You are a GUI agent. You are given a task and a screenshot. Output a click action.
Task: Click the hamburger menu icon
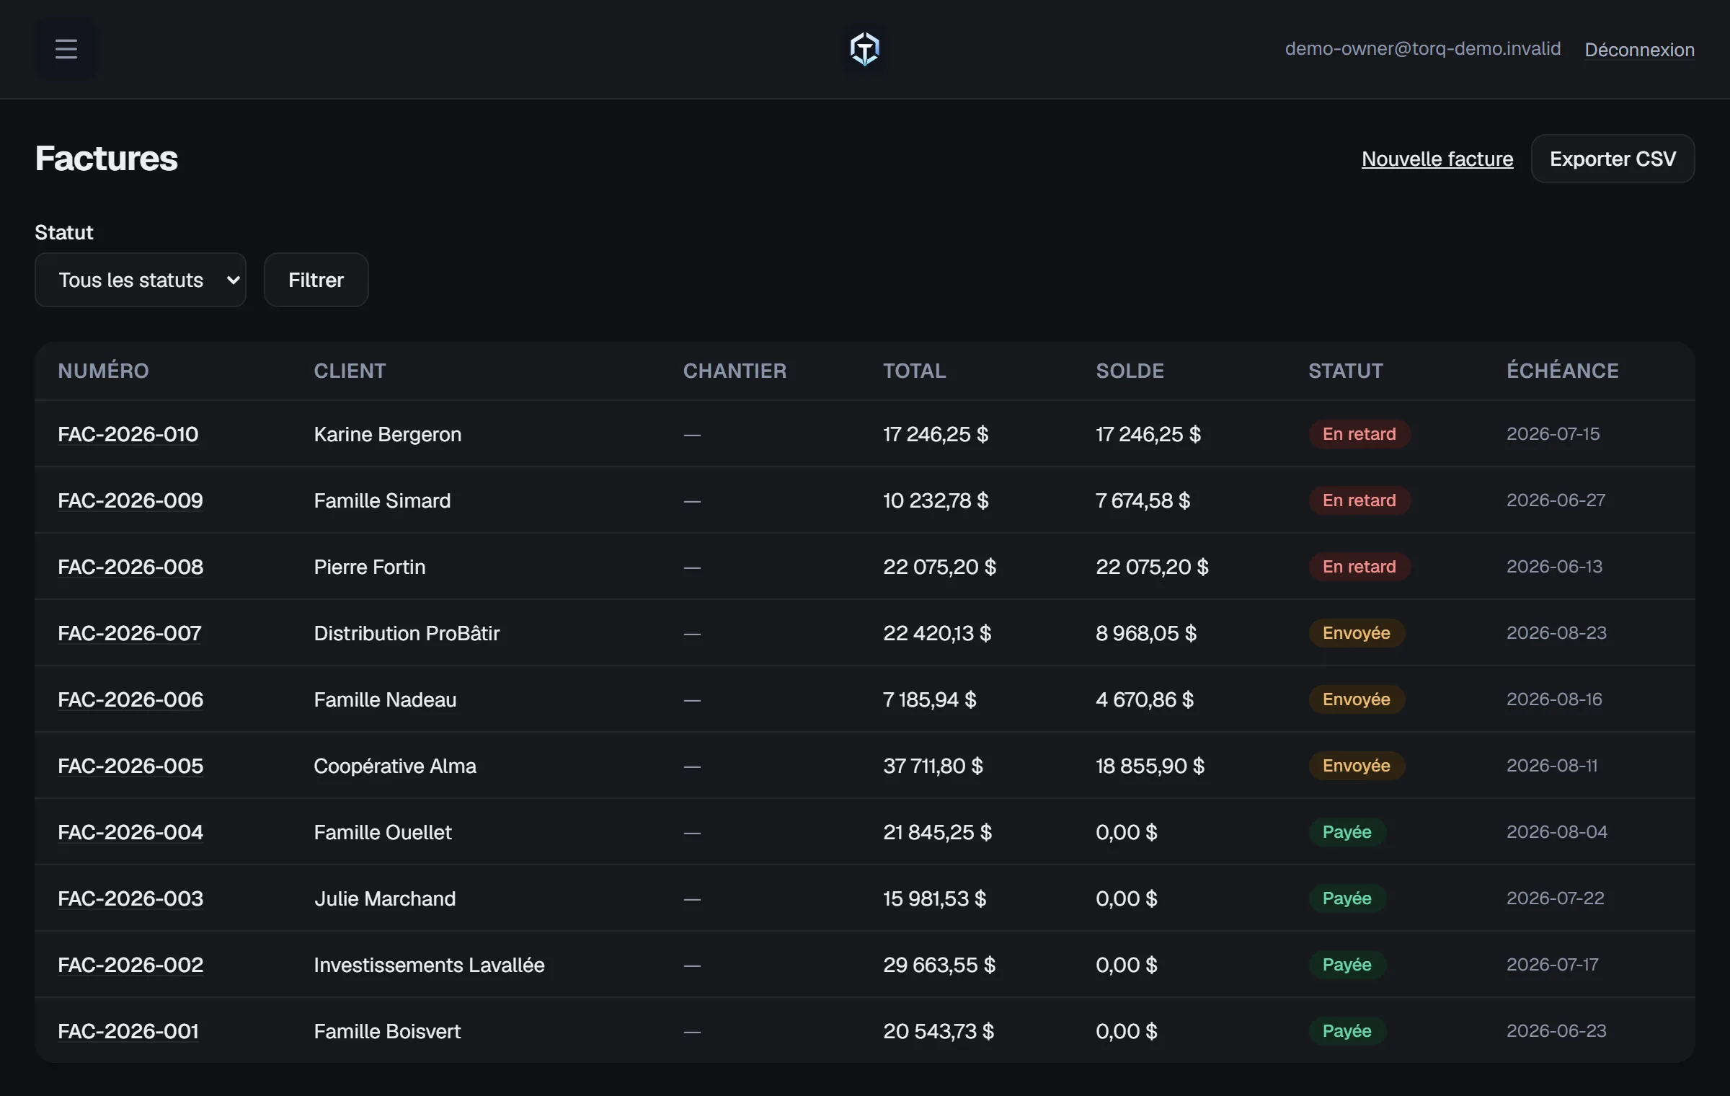click(x=66, y=49)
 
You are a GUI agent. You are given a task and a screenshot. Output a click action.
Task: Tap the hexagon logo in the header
click(x=864, y=49)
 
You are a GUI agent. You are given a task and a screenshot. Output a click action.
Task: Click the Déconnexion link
click(x=1639, y=50)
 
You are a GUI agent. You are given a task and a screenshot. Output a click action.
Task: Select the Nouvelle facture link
click(x=1437, y=159)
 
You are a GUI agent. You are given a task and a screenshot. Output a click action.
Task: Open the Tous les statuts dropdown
click(x=141, y=280)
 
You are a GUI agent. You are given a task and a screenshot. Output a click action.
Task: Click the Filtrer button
click(x=316, y=280)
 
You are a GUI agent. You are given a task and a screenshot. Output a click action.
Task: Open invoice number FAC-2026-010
click(x=128, y=434)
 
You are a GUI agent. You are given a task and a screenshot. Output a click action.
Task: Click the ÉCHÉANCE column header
click(x=1562, y=371)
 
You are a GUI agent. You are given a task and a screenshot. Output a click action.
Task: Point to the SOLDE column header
click(x=1130, y=371)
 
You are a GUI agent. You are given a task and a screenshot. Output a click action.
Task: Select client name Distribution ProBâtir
click(x=407, y=633)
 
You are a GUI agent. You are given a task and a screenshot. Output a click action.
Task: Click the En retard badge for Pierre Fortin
click(x=1359, y=567)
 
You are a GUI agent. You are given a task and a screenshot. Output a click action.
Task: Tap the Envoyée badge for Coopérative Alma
click(x=1356, y=766)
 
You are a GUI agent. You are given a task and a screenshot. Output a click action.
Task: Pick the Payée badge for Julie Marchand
click(x=1347, y=898)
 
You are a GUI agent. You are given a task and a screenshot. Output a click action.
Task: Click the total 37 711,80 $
click(x=933, y=766)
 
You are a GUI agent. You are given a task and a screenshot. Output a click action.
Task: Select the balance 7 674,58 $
click(x=1143, y=500)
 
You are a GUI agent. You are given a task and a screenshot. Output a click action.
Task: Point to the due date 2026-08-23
click(x=1556, y=633)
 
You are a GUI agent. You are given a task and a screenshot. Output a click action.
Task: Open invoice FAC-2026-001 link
click(x=128, y=1031)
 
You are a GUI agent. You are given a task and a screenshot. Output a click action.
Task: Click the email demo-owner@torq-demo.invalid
click(x=1422, y=49)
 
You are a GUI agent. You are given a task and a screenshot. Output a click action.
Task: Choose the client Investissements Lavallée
click(x=429, y=965)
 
